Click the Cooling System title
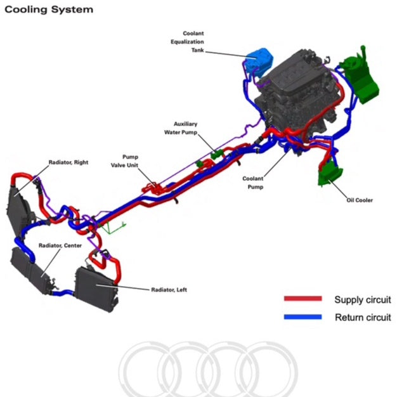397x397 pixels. point(48,10)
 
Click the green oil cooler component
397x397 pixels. point(330,173)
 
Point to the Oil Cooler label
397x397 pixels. point(360,200)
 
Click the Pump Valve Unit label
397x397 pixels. point(131,160)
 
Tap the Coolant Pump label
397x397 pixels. point(252,183)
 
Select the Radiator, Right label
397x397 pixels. point(68,163)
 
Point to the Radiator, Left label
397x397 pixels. point(169,290)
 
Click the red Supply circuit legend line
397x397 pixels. point(303,299)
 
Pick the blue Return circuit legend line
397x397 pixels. point(303,317)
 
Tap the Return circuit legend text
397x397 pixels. point(363,317)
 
